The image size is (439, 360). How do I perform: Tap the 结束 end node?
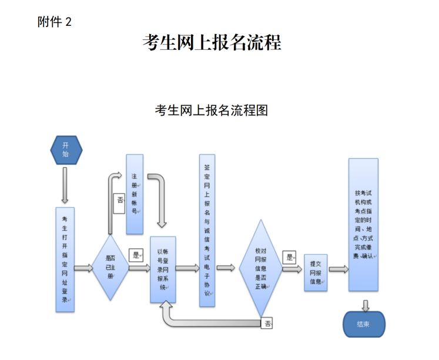(364, 324)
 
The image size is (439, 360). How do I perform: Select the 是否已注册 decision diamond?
(110, 268)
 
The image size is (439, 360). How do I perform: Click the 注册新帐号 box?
(135, 194)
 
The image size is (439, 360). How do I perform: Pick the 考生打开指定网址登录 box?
(65, 258)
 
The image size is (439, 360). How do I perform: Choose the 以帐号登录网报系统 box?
(162, 270)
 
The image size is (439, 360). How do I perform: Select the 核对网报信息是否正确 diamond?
(260, 268)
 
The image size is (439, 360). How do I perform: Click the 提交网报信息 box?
(316, 272)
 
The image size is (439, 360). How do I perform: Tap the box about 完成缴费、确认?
(363, 224)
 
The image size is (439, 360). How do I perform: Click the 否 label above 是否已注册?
(120, 200)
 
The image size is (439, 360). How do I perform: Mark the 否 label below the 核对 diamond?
(268, 323)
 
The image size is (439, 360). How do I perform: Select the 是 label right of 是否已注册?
(136, 254)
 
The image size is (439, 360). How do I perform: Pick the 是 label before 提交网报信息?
(289, 257)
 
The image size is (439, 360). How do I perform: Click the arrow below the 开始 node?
(65, 185)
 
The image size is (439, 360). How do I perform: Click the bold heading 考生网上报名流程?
(212, 42)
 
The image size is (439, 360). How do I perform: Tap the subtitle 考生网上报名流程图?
(212, 110)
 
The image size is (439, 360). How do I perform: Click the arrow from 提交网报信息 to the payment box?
(338, 269)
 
